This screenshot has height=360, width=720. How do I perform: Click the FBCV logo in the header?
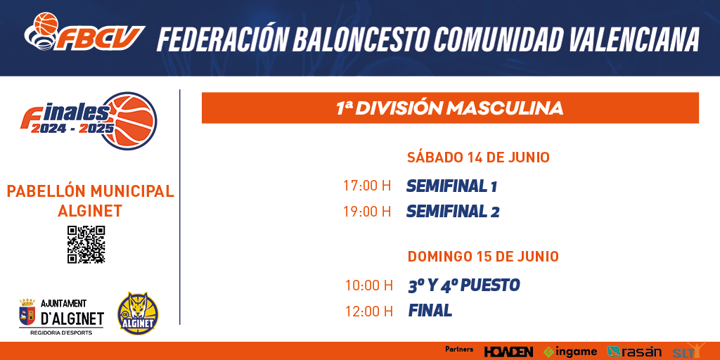point(84,32)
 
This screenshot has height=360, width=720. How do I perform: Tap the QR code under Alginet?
point(86,244)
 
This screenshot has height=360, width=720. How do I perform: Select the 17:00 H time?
point(367,186)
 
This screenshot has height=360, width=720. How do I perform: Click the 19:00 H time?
point(367,212)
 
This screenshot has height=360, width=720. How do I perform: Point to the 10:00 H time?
point(369,285)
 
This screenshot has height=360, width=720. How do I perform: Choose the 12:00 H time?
point(369,311)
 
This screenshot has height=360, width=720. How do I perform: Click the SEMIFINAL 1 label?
point(452,186)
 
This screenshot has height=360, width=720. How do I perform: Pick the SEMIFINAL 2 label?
point(453,212)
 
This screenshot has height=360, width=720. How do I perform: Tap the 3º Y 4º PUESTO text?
point(464,285)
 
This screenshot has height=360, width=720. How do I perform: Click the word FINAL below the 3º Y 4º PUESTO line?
point(430,311)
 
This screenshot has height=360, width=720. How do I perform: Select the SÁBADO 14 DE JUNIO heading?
point(478,157)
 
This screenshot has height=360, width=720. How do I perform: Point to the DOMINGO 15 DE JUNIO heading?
point(483,256)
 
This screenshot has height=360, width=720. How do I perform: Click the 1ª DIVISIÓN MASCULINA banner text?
point(450,108)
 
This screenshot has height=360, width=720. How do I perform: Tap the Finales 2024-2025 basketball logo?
point(89,121)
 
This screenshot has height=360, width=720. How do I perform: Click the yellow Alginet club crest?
point(139,314)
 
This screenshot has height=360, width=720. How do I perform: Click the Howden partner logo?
point(508,352)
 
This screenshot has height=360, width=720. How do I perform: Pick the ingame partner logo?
point(570,352)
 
